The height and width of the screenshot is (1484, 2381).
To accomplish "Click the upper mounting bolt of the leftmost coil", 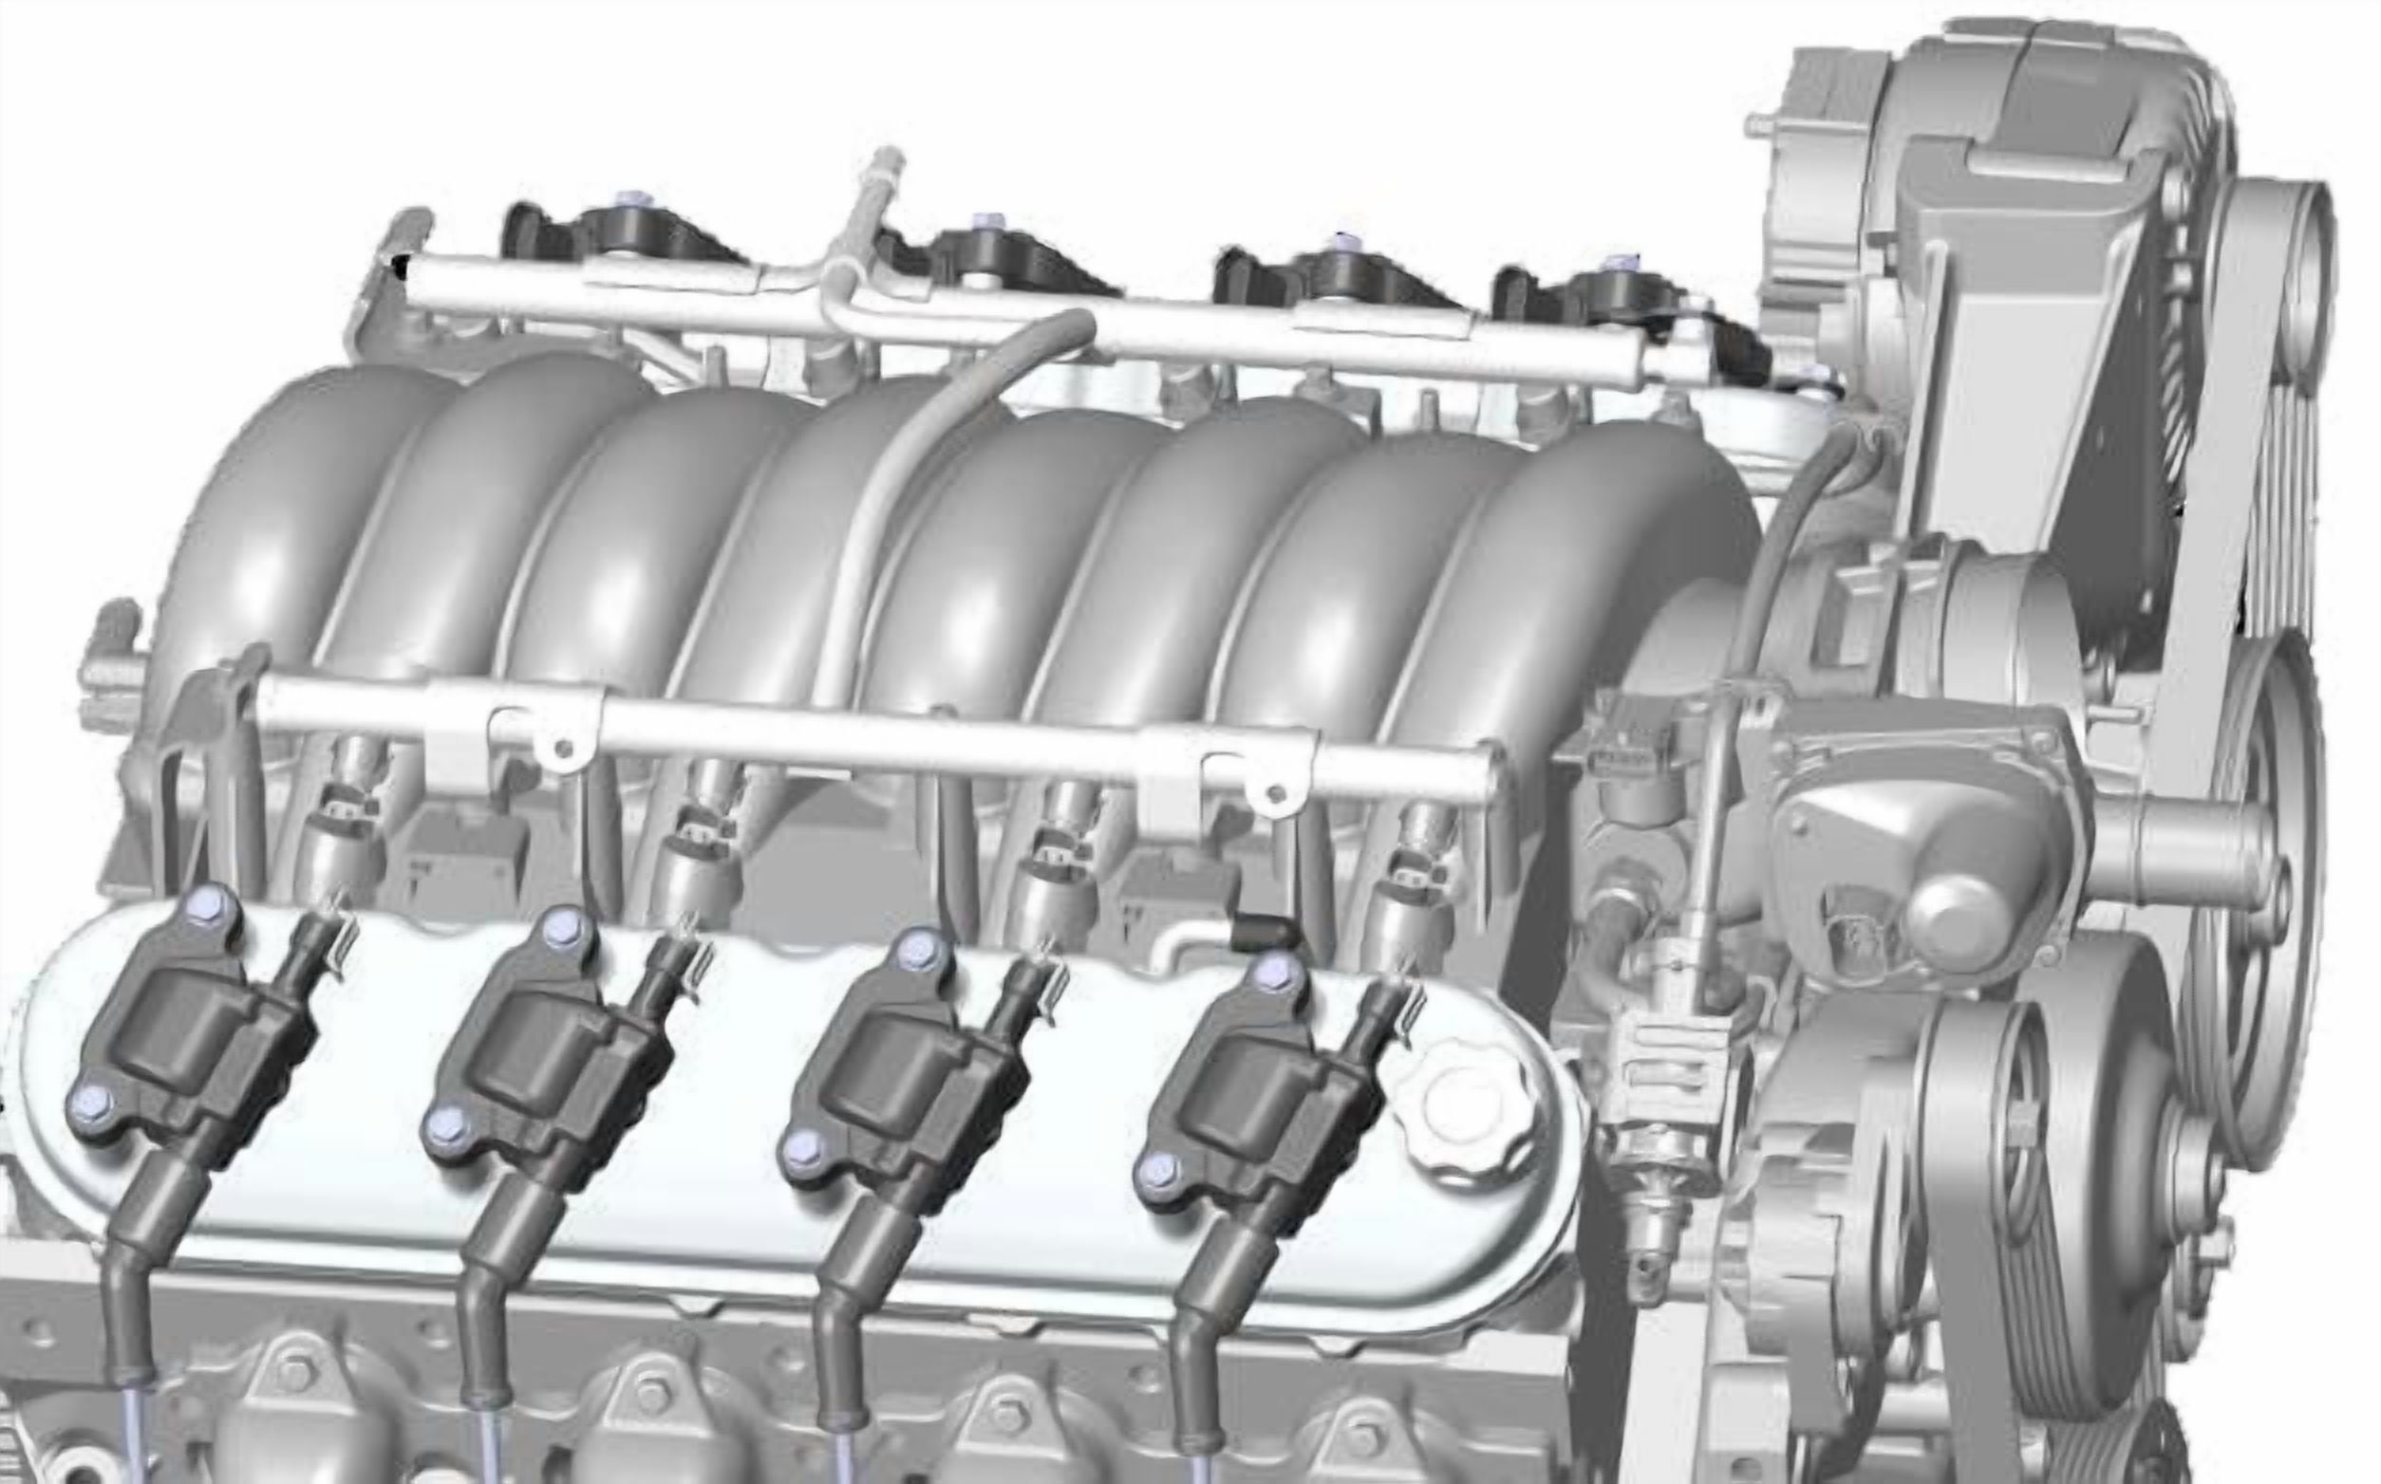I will coord(209,903).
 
